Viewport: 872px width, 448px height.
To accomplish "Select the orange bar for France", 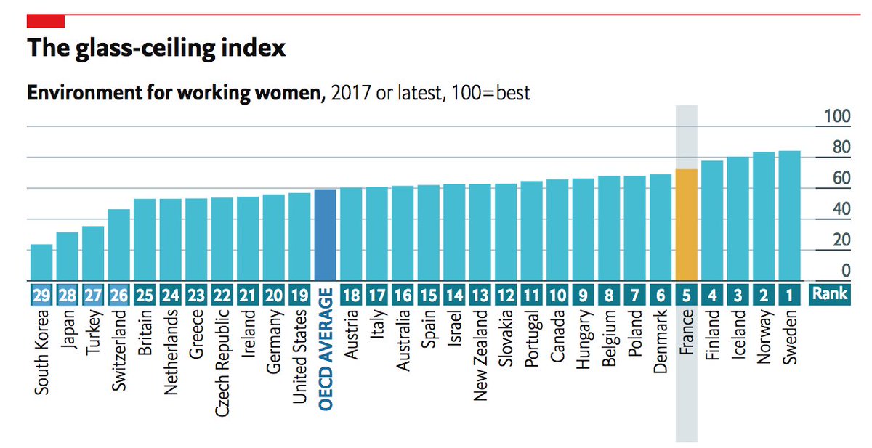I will click(686, 224).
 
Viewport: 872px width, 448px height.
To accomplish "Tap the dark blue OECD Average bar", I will click(325, 235).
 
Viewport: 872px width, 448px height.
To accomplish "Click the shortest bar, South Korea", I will click(41, 262).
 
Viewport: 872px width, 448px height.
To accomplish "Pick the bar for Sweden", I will click(789, 216).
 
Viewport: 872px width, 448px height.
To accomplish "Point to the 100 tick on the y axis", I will click(836, 117).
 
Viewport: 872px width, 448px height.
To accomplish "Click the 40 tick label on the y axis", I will click(840, 209).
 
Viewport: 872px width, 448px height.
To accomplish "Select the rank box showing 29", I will click(41, 296).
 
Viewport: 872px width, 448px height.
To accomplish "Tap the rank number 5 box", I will click(686, 296).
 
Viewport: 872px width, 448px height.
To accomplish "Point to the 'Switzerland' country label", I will click(119, 351).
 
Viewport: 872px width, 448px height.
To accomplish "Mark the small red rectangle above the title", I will click(46, 22).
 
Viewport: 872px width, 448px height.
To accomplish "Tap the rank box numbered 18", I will click(351, 296).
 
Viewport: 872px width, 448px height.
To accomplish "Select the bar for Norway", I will click(764, 216).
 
